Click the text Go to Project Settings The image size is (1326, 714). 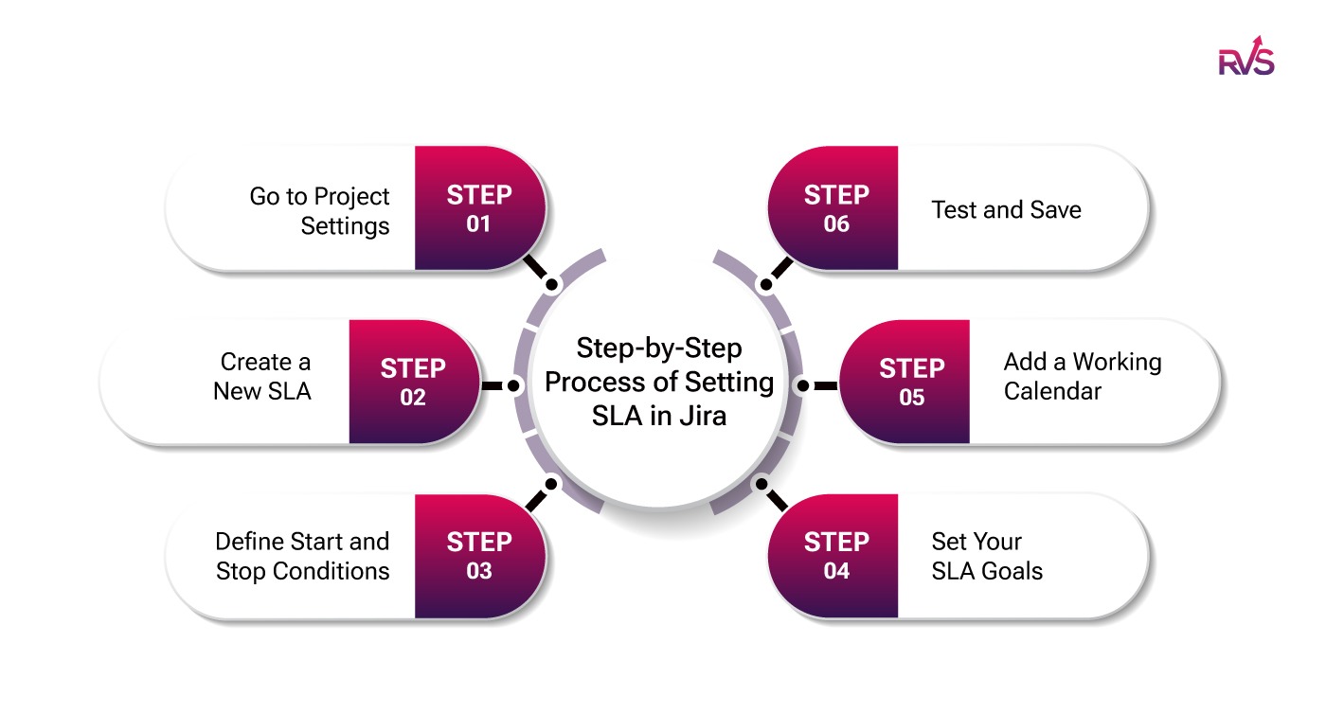coord(319,211)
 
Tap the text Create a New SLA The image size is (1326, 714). coord(262,376)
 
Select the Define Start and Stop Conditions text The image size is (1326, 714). coord(302,556)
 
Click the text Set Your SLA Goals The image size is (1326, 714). coord(987,556)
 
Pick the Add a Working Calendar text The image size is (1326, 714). coord(1082,376)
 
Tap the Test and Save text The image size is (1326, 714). coord(1006,209)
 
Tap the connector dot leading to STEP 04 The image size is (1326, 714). coord(760,484)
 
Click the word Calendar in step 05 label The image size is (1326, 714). coord(1052,391)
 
